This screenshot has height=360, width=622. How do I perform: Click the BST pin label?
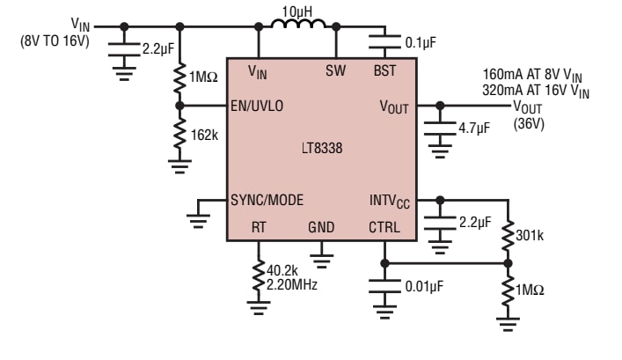point(385,70)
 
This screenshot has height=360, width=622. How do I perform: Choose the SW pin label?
point(335,70)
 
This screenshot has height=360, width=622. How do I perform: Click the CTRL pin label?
point(384,227)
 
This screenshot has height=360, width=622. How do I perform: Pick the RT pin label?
point(259,227)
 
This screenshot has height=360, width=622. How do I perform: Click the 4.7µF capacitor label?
point(477,128)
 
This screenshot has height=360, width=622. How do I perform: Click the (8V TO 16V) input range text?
point(55,40)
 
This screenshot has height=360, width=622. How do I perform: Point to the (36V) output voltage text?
point(529,123)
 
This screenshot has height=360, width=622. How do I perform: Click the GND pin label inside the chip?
point(321,227)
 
